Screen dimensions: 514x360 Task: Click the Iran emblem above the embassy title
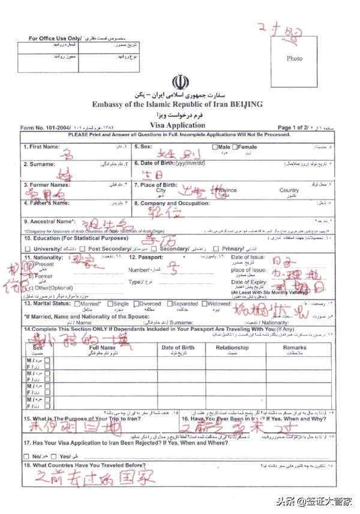coord(179,82)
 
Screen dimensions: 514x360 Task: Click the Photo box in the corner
coord(294,58)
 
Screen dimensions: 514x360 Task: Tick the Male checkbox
coord(215,147)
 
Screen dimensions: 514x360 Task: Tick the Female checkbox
coord(236,147)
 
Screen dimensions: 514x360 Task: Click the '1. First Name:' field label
coord(42,147)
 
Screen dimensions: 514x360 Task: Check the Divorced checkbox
coord(136,304)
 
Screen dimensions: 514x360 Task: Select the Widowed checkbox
coord(205,304)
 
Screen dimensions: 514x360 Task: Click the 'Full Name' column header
coord(102,347)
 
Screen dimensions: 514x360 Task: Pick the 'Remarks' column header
coord(294,347)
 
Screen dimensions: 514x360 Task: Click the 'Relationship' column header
coord(232,347)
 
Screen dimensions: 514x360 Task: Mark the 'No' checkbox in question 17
coord(26,457)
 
